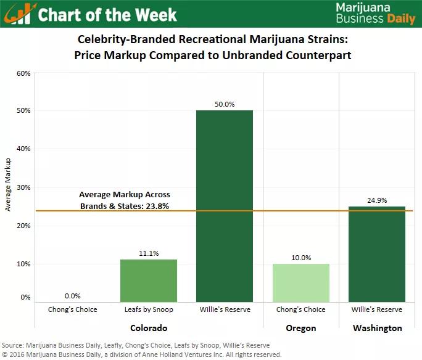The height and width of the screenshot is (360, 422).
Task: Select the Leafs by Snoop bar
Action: (149, 280)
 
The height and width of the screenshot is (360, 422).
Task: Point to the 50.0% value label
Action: (225, 104)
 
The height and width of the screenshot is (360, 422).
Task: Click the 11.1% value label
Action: (149, 253)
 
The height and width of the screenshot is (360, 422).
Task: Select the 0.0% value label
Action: (73, 296)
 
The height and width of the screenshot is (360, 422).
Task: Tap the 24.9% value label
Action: (377, 200)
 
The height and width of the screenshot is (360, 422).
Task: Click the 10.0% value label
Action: (301, 257)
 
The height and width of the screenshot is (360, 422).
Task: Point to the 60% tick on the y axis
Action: (23, 73)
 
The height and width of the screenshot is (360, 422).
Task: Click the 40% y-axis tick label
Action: (23, 149)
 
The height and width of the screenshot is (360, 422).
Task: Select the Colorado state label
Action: (149, 328)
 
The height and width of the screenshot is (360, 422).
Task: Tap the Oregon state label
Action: (301, 328)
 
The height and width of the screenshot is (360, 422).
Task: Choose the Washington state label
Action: (377, 328)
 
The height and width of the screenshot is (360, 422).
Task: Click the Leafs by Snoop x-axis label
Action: (149, 309)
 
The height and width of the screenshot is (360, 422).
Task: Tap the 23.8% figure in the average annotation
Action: (157, 206)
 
